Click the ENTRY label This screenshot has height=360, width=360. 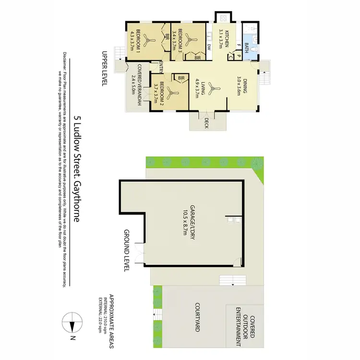pyautogui.click(x=162, y=68)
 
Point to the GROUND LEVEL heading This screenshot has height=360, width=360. pyautogui.click(x=127, y=251)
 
